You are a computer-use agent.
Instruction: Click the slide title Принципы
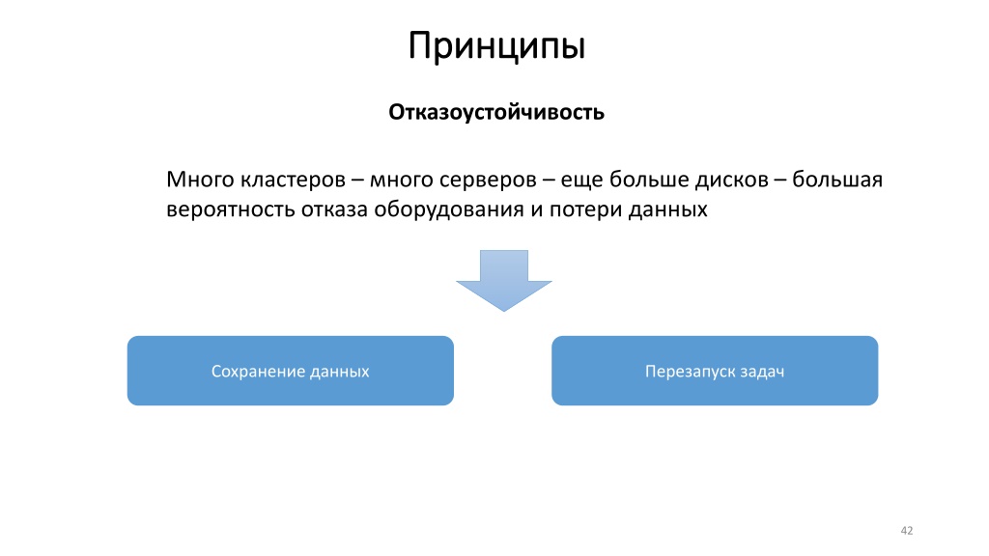click(497, 47)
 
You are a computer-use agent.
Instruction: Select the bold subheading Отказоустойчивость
click(496, 112)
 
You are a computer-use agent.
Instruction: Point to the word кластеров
click(294, 181)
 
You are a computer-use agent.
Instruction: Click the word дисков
click(732, 179)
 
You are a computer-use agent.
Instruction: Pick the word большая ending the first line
click(837, 179)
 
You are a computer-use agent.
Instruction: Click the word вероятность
click(230, 209)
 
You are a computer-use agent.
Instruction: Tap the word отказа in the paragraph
click(334, 209)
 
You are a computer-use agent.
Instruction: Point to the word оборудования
click(448, 209)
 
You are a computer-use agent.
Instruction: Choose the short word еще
click(581, 181)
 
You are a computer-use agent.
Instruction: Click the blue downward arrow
click(504, 280)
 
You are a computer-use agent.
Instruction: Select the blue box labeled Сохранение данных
click(290, 371)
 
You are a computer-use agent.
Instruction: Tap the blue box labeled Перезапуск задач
click(715, 371)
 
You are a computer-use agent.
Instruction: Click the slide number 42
click(906, 531)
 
